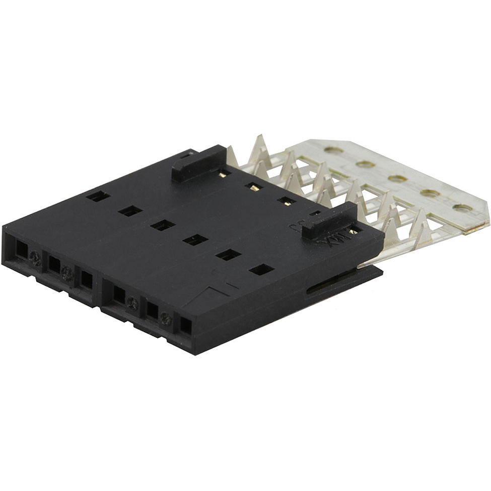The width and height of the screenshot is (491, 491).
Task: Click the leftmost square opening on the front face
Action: [22, 249]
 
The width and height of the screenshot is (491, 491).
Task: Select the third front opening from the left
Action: [87, 280]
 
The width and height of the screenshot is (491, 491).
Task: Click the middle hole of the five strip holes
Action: [397, 178]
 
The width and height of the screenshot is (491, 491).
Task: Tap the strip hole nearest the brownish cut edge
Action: [462, 207]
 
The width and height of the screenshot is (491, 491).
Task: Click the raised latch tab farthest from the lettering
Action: [198, 164]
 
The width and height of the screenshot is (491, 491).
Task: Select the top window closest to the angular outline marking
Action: [261, 269]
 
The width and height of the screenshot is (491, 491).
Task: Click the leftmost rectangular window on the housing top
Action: [98, 196]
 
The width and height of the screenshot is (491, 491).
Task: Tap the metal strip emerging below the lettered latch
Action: [373, 257]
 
